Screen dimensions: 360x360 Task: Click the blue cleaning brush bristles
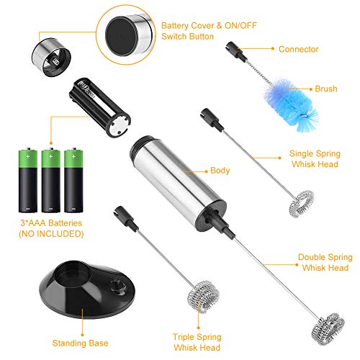tap(291, 104)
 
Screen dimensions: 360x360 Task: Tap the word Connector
tap(299, 49)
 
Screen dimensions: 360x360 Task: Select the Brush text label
tap(326, 89)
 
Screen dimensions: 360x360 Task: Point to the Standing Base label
tap(80, 343)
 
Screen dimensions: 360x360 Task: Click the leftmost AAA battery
tap(28, 180)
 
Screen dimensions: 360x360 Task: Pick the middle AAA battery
tap(50, 180)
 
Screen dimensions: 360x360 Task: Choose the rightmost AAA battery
tap(73, 180)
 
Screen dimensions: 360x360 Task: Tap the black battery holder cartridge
tap(100, 107)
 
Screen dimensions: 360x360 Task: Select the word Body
tap(220, 171)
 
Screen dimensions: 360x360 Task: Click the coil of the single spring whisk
tap(302, 204)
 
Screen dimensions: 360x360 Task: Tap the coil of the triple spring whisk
tap(203, 297)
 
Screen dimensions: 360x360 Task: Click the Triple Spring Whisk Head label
tap(197, 342)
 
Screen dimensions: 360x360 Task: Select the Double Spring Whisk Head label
tap(325, 262)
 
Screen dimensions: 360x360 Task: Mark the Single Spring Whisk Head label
tap(315, 159)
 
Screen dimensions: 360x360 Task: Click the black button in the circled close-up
tap(122, 36)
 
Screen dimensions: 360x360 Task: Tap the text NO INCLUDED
tap(51, 234)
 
